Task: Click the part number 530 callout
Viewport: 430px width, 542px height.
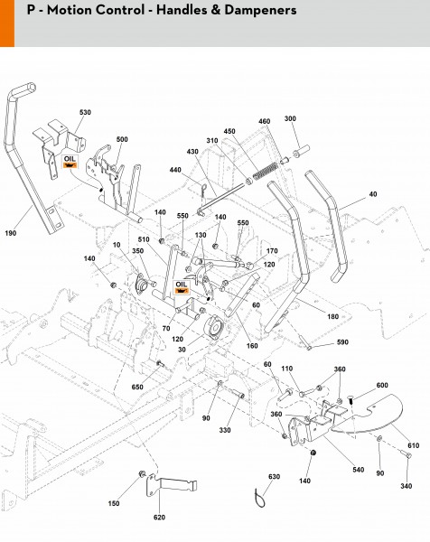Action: (85, 112)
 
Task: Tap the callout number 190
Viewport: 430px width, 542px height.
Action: (10, 233)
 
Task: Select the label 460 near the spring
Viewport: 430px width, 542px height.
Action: (265, 121)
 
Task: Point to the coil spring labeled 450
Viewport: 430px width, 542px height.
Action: (265, 171)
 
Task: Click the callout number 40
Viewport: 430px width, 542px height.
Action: (373, 194)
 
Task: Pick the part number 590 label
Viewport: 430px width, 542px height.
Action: (342, 342)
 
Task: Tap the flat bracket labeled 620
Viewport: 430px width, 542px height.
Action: (172, 484)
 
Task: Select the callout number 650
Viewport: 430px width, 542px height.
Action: (137, 388)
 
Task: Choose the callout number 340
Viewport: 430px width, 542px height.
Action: (407, 486)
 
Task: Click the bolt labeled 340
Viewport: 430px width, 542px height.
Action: (405, 453)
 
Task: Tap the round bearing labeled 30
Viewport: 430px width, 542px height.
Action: (215, 328)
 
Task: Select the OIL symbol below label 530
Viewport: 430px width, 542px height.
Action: (70, 162)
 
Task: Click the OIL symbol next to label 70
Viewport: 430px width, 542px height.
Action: (182, 287)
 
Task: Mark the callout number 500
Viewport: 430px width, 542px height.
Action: (122, 139)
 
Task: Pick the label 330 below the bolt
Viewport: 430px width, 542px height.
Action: (225, 430)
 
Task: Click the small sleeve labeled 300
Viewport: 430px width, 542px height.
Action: (301, 152)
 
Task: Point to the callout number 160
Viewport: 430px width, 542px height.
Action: (252, 346)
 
